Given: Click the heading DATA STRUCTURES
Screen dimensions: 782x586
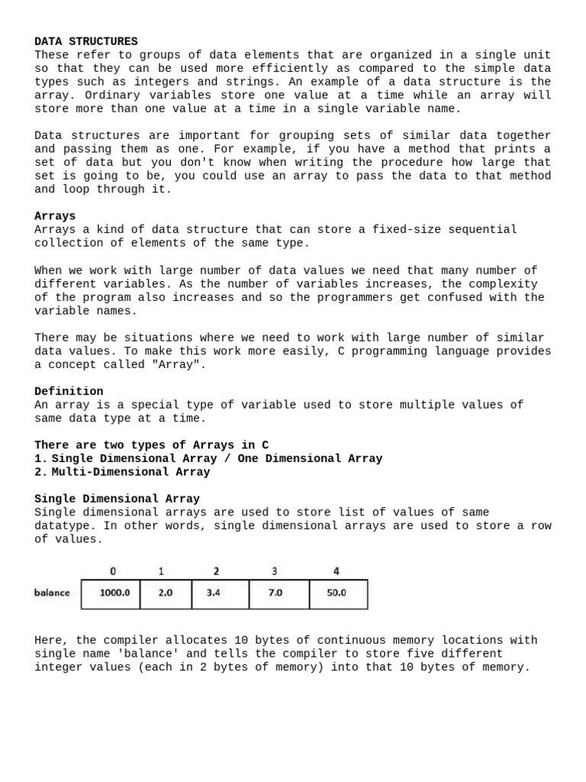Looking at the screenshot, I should point(86,41).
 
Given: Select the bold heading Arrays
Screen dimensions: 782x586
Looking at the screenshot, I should point(55,216).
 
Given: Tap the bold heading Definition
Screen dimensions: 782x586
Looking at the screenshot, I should point(69,391).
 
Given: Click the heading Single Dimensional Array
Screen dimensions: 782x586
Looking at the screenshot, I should point(117,499).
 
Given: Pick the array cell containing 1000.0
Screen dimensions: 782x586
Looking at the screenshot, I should point(111,593).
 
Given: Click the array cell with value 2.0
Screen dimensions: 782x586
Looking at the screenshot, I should point(166,593).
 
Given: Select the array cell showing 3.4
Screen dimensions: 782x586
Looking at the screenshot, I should point(220,593).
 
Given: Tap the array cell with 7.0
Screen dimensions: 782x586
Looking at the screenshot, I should point(279,593).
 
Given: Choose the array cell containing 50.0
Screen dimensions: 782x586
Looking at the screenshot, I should point(337,593).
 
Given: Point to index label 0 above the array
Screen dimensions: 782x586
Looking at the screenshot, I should point(113,571).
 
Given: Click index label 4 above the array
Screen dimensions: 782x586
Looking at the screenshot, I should point(336,571).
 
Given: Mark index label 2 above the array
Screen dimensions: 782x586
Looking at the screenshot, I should point(217,571).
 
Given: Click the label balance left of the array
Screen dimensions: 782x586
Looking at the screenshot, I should point(52,593).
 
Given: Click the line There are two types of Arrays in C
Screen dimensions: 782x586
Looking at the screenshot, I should point(151,444).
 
